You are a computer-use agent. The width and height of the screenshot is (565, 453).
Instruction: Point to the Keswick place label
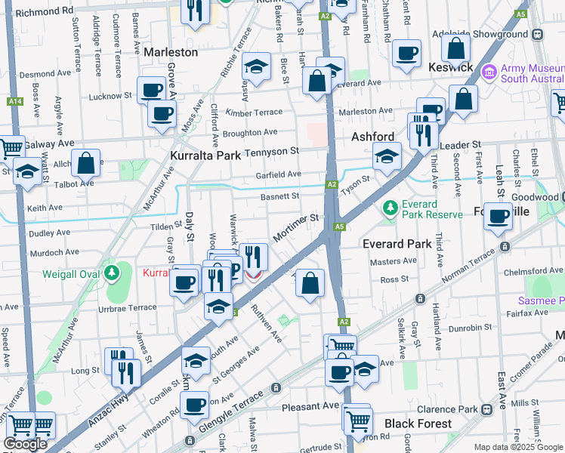[x=451, y=67]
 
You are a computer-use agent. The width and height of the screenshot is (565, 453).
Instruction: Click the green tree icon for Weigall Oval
[x=112, y=272]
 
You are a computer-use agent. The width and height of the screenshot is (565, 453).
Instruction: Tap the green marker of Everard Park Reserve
[x=391, y=206]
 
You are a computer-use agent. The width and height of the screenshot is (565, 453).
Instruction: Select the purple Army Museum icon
[x=489, y=72]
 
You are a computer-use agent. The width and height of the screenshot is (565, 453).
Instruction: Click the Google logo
[x=25, y=444]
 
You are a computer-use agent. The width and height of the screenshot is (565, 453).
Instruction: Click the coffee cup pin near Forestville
[x=498, y=217]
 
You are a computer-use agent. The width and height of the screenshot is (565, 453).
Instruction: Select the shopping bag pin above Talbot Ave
[x=88, y=162]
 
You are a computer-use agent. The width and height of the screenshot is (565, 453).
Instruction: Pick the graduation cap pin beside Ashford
[x=387, y=157]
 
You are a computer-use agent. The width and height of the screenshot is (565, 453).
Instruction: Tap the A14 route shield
[x=14, y=100]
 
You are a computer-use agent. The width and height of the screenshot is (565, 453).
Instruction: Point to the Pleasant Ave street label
[x=310, y=405]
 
